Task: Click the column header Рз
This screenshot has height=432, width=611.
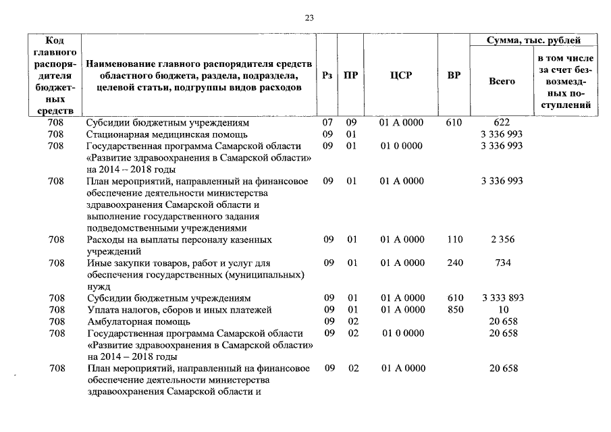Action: (x=327, y=76)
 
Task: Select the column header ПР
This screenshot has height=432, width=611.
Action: (x=350, y=76)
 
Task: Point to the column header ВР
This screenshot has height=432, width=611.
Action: (x=454, y=76)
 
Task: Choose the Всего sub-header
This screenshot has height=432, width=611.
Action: (x=502, y=81)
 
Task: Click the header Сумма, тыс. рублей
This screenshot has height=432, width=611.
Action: (x=534, y=40)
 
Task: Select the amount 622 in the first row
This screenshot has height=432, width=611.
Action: (x=502, y=123)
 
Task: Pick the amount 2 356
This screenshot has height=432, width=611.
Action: (x=502, y=240)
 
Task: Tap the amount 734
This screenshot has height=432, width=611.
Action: (x=502, y=263)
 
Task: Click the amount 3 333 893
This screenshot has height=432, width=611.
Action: (x=502, y=298)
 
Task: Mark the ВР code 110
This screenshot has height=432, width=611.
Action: (x=454, y=240)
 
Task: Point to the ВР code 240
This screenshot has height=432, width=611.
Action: (x=454, y=263)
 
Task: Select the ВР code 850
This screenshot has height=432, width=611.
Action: (x=454, y=310)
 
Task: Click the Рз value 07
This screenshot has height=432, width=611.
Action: (x=327, y=123)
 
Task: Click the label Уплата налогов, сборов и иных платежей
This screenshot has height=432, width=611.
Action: (x=179, y=310)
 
